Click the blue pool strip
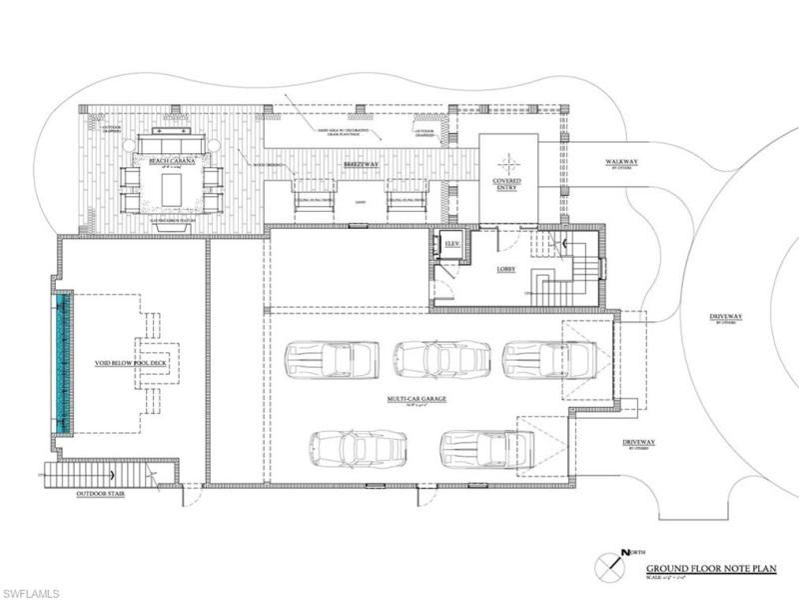(63, 362)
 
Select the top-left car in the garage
(332, 358)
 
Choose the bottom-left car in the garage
(357, 448)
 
